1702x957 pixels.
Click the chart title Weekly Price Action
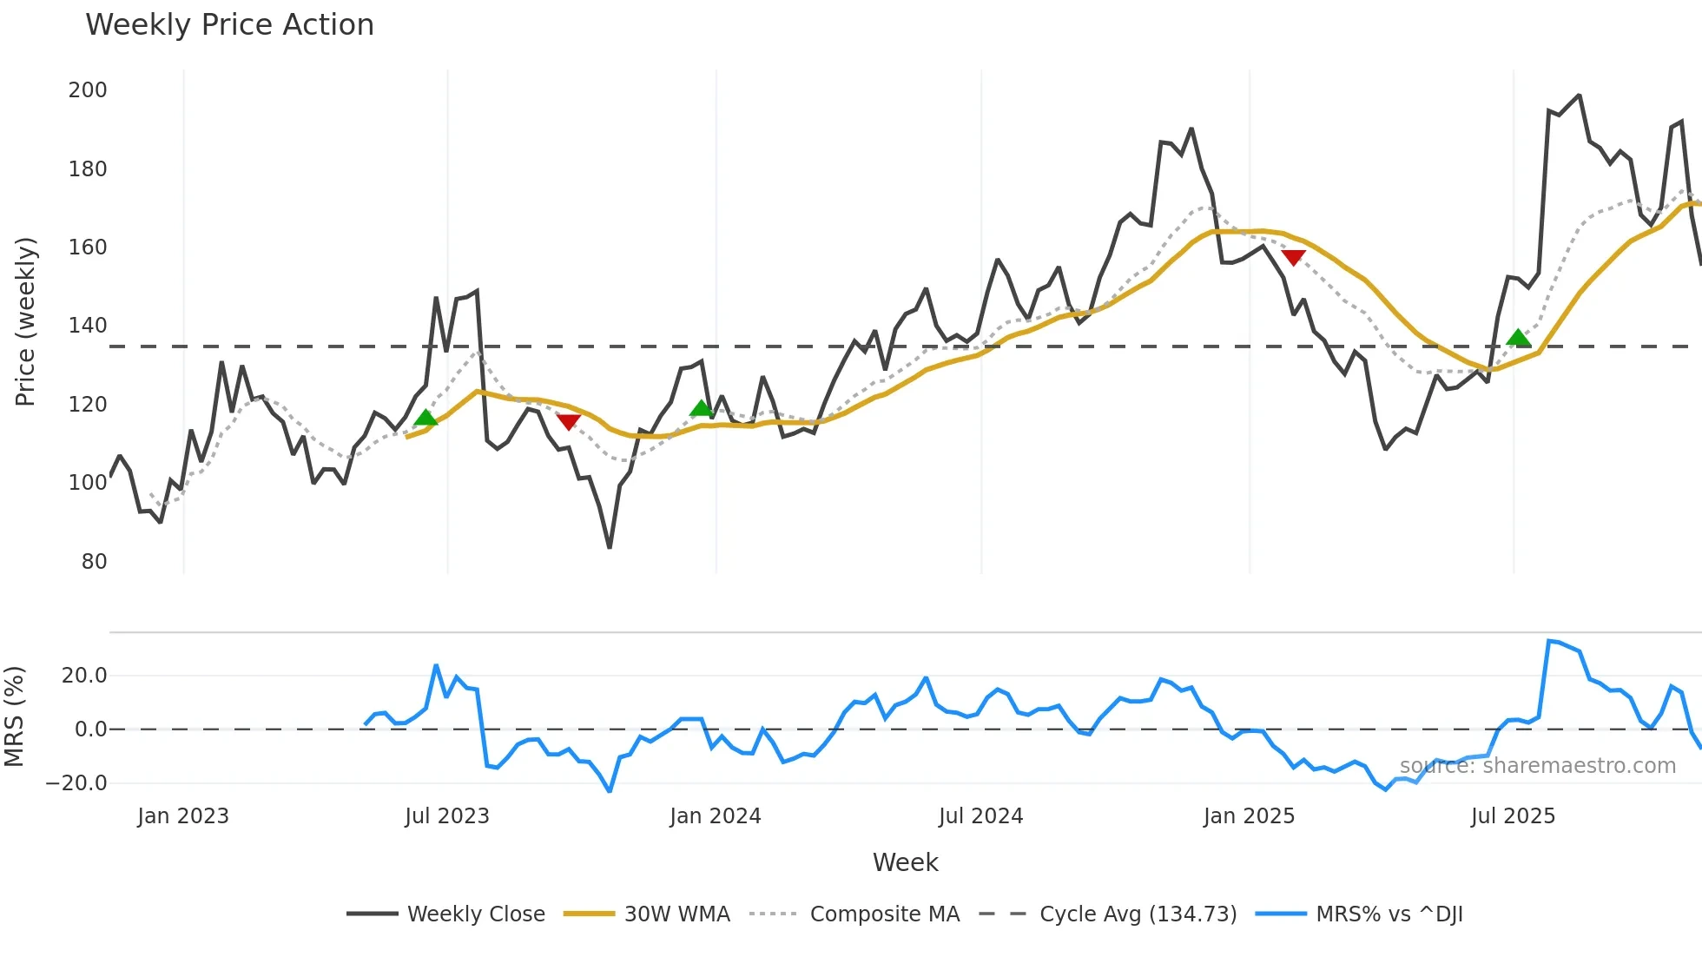coord(229,25)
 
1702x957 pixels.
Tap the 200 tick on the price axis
coord(88,90)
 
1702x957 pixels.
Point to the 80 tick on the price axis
coord(94,562)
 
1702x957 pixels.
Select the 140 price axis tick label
coord(88,326)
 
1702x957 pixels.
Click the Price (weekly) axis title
coord(26,321)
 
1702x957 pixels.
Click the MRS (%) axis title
coord(14,716)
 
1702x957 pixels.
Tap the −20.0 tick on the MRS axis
coord(76,783)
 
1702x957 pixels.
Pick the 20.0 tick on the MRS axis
coord(84,676)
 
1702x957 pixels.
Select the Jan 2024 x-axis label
coord(716,816)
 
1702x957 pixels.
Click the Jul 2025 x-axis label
coord(1513,816)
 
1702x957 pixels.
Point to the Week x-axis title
coord(905,862)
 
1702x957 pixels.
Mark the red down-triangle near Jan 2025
coord(1293,258)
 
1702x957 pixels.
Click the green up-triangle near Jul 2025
coord(1518,338)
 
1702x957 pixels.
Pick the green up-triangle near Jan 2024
coord(701,408)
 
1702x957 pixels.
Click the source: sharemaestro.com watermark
coord(1537,766)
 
